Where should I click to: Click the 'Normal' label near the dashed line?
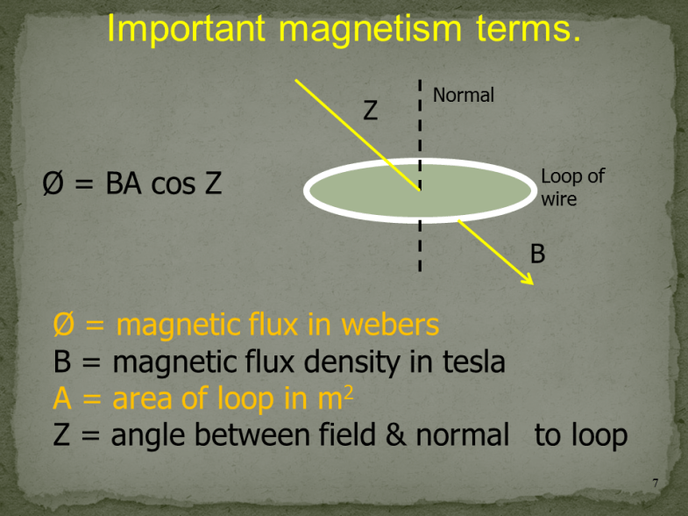464,95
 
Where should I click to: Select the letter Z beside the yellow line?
371,111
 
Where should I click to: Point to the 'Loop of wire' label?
572,187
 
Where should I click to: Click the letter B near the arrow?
538,254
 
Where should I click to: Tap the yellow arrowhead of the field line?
528,278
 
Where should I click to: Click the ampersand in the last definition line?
394,434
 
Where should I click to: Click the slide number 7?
656,484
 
